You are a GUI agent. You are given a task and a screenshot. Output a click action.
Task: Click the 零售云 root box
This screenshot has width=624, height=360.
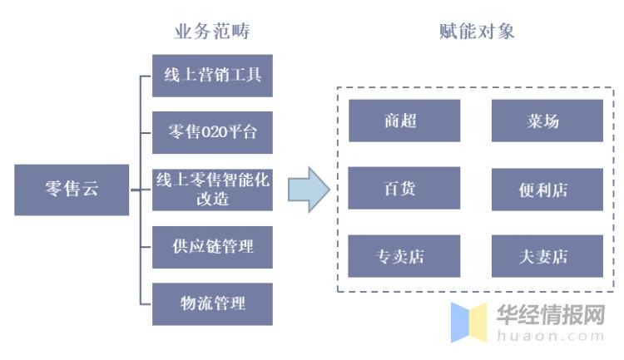click(x=72, y=190)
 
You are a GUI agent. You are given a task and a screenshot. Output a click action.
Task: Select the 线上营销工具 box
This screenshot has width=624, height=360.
click(x=212, y=75)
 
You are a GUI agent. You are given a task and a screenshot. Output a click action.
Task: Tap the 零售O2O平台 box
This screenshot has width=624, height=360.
click(x=212, y=132)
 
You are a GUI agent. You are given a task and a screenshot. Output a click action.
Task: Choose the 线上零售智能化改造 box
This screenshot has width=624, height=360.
click(x=212, y=189)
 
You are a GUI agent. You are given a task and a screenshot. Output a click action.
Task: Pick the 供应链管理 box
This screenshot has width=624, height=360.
click(x=212, y=246)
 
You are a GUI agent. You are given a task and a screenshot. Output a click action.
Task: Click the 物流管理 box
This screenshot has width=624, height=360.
click(x=212, y=303)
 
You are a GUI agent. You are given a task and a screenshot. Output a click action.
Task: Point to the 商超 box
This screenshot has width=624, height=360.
click(x=404, y=121)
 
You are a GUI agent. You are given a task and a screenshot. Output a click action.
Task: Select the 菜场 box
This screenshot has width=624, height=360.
click(x=547, y=121)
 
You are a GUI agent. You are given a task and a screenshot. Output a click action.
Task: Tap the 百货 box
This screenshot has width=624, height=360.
click(x=404, y=188)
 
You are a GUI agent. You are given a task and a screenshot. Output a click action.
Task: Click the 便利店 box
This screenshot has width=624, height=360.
click(x=547, y=188)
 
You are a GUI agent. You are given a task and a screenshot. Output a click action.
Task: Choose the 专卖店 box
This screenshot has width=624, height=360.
click(x=404, y=256)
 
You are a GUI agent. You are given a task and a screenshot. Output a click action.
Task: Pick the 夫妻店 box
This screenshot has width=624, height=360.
click(x=547, y=256)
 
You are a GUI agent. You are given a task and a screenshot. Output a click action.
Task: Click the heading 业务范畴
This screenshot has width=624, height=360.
click(x=211, y=32)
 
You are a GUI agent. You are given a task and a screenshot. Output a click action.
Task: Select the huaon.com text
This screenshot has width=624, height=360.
click(x=550, y=336)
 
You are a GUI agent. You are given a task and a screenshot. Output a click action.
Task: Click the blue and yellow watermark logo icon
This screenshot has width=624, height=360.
click(x=469, y=323)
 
